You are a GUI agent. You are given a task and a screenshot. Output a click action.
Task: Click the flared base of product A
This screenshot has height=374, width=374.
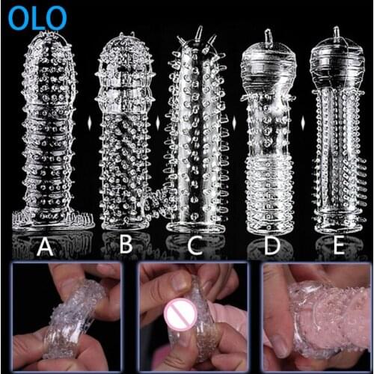(52, 218)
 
